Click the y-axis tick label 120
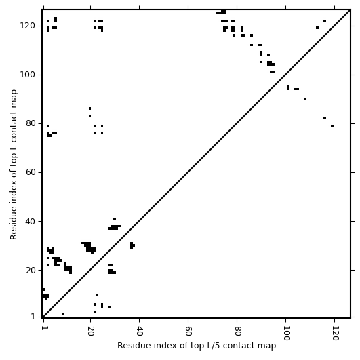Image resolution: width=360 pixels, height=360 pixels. tap(28, 26)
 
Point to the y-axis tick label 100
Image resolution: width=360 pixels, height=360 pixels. tap(28, 75)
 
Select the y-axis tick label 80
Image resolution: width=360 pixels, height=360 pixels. tap(31, 123)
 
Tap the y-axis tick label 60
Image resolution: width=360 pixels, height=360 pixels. tap(31, 172)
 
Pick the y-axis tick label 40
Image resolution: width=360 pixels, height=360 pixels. tap(31, 221)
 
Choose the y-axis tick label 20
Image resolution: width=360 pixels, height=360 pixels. tap(31, 271)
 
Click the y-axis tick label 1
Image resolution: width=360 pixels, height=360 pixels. tap(33, 317)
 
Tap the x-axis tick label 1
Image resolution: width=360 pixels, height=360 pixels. tap(43, 328)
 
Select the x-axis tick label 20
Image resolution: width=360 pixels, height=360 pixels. tap(91, 331)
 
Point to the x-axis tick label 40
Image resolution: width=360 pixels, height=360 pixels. tap(140, 331)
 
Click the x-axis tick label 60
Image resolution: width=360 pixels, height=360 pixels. tap(188, 331)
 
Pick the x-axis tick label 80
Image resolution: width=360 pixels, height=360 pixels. tap(237, 331)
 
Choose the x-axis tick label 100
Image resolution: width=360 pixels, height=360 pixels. tap(286, 333)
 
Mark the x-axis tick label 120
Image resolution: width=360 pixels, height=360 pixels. tap(335, 333)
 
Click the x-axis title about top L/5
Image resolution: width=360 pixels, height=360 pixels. tap(197, 346)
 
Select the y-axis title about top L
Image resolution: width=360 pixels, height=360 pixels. tap(14, 165)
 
